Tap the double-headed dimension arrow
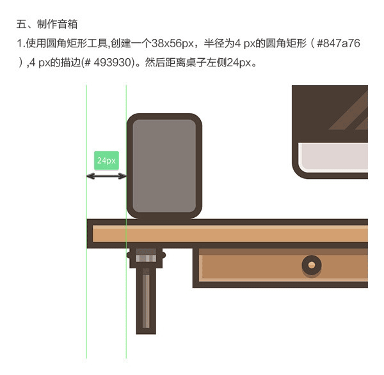pos(106,176)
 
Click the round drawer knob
pos(312,265)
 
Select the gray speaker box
pos(164,165)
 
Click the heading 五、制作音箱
pos(47,24)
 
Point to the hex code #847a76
pos(339,43)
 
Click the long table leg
pos(146,301)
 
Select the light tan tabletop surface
pos(230,234)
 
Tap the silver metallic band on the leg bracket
pos(146,258)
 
